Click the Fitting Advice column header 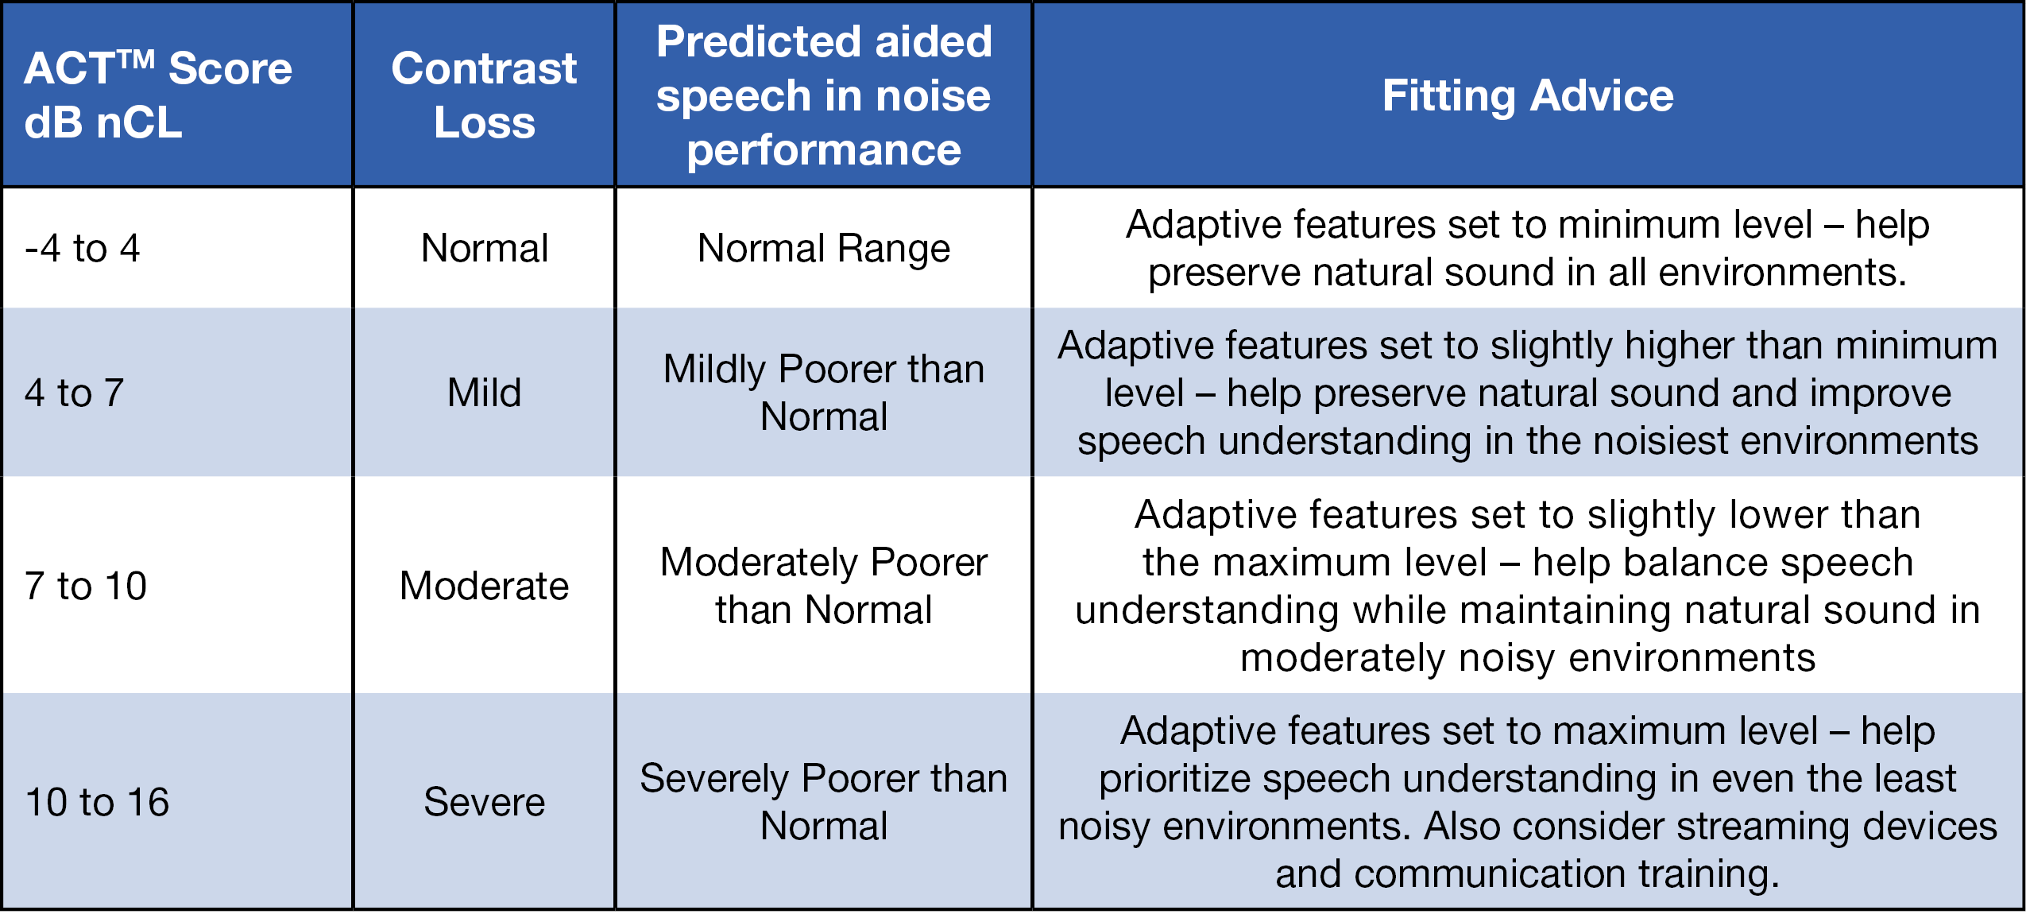pos(1527,95)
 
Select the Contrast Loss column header pos(484,95)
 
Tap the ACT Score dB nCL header pos(158,95)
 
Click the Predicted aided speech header pos(824,95)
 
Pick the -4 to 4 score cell pos(83,248)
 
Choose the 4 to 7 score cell pos(75,393)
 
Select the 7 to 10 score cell pos(86,586)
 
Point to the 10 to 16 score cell pos(97,802)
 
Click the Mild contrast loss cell pos(484,393)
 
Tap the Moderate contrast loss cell pos(484,586)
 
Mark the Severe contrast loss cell pos(484,802)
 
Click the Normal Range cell pos(824,248)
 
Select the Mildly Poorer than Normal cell pos(824,393)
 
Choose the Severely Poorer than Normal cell pos(824,802)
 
